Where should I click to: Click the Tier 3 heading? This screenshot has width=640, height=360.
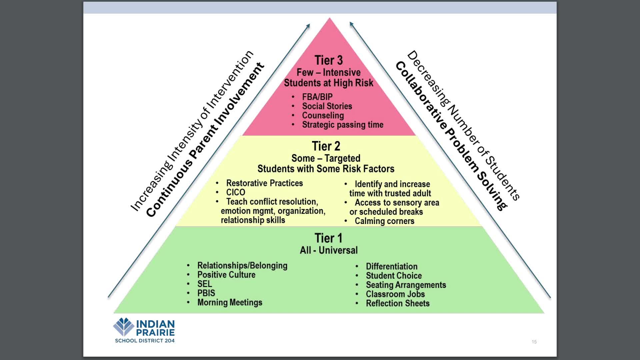coord(328,60)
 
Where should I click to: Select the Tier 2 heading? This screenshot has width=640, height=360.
coord(326,146)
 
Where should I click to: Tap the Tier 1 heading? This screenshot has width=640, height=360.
coord(328,238)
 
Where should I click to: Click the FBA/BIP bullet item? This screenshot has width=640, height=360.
coord(317,97)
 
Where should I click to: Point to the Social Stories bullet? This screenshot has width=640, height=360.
coord(327,106)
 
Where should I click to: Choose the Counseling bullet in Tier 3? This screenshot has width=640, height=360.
coord(323,116)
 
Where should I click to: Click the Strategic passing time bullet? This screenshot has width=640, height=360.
coord(342,125)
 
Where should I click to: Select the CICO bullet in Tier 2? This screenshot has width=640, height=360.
coord(235,192)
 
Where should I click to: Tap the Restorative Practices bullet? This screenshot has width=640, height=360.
coord(264,183)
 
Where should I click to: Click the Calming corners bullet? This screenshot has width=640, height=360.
coord(384,221)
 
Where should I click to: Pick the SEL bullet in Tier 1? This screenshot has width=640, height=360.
coord(204,284)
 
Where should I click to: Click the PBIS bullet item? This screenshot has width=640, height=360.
coord(206,293)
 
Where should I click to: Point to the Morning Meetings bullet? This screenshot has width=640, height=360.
coord(229,302)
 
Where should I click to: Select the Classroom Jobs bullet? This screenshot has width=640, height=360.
coord(395,294)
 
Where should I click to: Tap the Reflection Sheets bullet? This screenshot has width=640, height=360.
coord(397,303)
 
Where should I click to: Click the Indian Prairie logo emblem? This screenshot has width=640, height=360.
coord(124,327)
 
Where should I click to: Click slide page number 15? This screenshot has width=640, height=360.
coord(534,342)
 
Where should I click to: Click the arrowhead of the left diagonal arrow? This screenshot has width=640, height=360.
coord(308,26)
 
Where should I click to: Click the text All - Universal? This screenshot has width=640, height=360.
coord(328,250)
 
